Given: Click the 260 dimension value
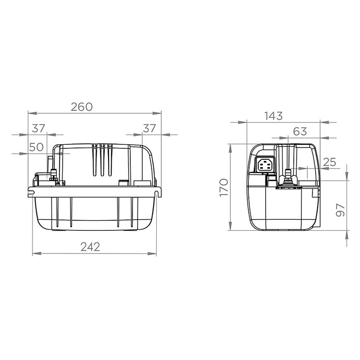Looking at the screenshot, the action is point(82,107).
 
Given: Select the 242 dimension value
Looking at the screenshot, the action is point(90,247).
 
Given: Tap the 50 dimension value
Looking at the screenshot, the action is point(36,147).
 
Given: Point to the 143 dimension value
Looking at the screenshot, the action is point(274,116).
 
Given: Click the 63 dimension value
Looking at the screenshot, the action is point(300,131).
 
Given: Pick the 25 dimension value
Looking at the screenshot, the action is point(329,162).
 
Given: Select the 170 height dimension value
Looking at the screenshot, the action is point(224,188).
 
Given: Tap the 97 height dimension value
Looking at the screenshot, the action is point(340,210).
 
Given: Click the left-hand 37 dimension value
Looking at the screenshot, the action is point(38,128).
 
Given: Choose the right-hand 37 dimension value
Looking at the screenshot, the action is point(149,128).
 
